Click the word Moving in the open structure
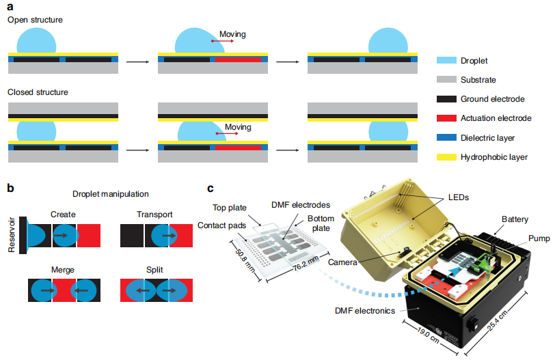(232, 34)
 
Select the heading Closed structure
(38, 92)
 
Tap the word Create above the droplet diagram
(62, 214)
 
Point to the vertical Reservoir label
(12, 236)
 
